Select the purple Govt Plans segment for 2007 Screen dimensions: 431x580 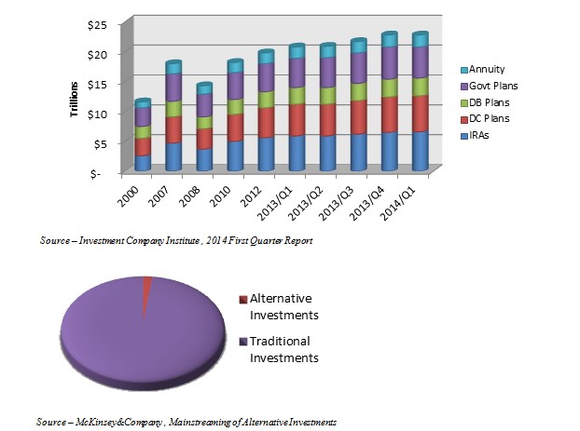point(173,87)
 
